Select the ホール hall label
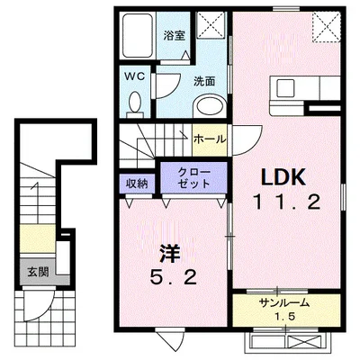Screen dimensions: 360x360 [x=209, y=139]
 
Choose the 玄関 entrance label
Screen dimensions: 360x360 [x=37, y=270]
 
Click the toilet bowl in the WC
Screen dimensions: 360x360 [x=136, y=105]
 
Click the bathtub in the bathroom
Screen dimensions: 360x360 [x=139, y=37]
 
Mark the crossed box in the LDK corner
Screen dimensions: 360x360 [x=327, y=27]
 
